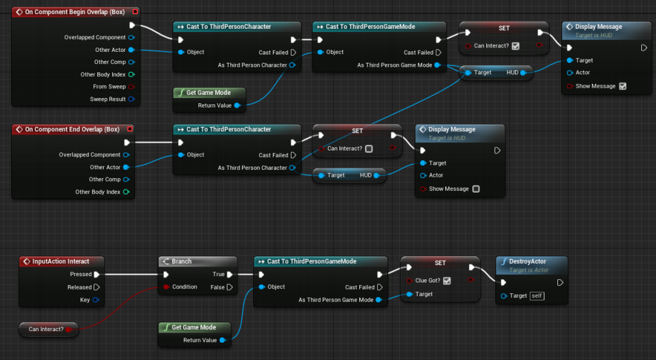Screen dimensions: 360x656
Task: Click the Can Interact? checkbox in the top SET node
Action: click(516, 46)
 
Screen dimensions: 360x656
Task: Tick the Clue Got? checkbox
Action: click(447, 281)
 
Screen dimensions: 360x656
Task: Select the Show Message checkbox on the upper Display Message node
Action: click(622, 86)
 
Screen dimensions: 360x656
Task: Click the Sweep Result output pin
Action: click(131, 99)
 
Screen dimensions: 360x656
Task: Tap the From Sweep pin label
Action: click(109, 87)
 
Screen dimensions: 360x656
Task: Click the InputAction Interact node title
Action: click(61, 261)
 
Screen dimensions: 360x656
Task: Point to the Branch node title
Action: click(182, 261)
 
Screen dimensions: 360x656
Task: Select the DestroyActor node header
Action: click(528, 261)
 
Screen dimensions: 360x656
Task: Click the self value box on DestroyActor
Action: click(537, 295)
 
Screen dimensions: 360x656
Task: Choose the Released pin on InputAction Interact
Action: click(97, 287)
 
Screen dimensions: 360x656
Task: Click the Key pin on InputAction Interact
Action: click(96, 299)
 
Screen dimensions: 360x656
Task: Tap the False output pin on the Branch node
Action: click(230, 287)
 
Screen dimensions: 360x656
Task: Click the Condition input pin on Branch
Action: click(166, 287)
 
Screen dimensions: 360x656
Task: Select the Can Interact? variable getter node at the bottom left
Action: click(47, 329)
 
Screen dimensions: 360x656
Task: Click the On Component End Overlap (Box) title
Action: click(72, 129)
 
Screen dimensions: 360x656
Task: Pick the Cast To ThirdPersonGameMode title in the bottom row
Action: click(311, 261)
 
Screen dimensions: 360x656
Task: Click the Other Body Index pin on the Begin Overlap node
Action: click(131, 75)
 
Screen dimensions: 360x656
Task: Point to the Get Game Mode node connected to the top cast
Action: click(209, 92)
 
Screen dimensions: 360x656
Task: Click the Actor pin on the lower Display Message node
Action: click(423, 176)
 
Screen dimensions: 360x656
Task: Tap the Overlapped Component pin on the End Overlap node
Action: click(126, 155)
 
